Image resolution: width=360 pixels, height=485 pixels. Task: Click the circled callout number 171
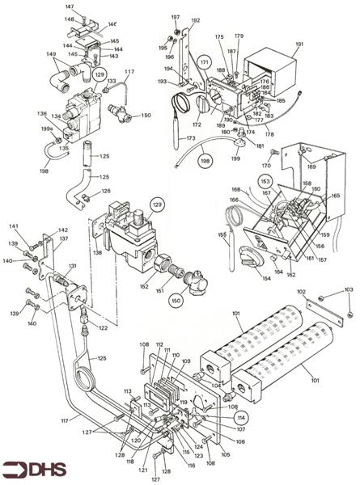point(204,62)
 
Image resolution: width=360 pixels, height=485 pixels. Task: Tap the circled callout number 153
point(265,180)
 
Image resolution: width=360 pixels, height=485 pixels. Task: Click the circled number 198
point(205,162)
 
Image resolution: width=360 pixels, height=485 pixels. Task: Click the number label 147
point(69,6)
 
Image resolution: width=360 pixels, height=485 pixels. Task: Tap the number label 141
point(14,226)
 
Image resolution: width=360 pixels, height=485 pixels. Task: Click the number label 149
point(52,55)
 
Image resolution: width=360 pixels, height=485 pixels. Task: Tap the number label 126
point(106,191)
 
